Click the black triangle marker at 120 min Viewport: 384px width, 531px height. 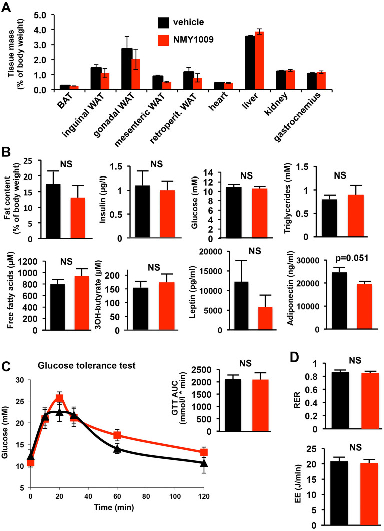tap(204, 463)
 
